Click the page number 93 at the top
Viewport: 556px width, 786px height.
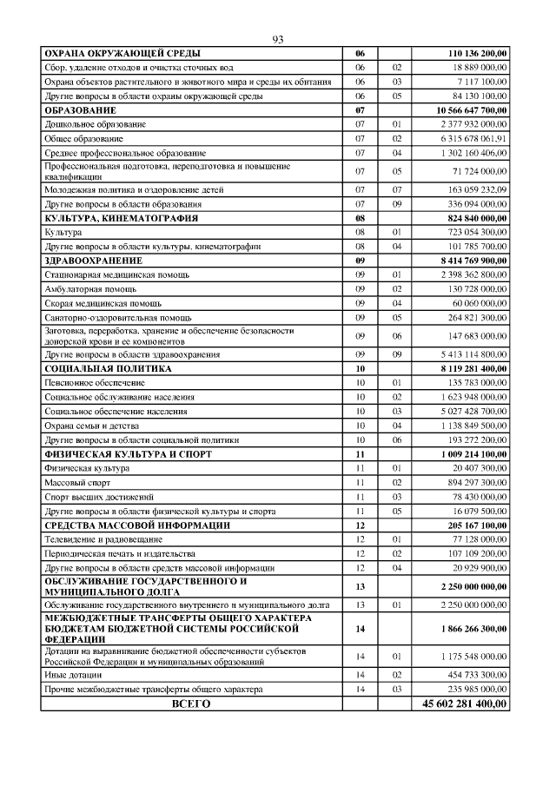[x=278, y=40]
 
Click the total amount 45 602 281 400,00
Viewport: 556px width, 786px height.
[x=461, y=704]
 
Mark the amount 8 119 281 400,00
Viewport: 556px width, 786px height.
[x=467, y=368]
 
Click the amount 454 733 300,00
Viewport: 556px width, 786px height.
[x=472, y=674]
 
